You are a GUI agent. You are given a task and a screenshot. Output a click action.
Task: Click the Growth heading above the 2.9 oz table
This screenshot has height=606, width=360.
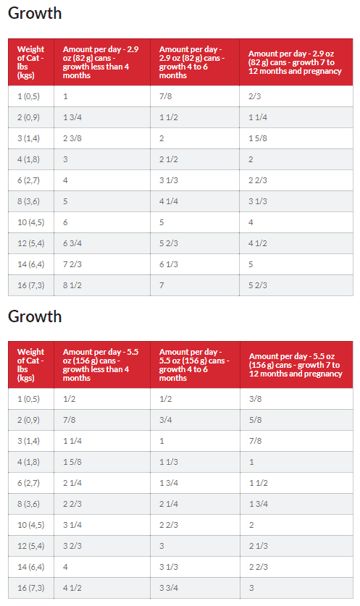pos(35,13)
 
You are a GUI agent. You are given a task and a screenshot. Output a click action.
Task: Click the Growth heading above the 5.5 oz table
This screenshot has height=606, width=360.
pos(35,316)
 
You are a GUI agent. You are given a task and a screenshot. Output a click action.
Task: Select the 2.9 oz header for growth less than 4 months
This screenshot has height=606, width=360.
pos(101,62)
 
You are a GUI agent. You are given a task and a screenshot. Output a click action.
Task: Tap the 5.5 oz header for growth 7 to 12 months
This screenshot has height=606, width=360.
pos(296,365)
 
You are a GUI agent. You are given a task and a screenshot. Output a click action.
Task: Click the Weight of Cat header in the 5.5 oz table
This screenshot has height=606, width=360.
pos(30,365)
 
